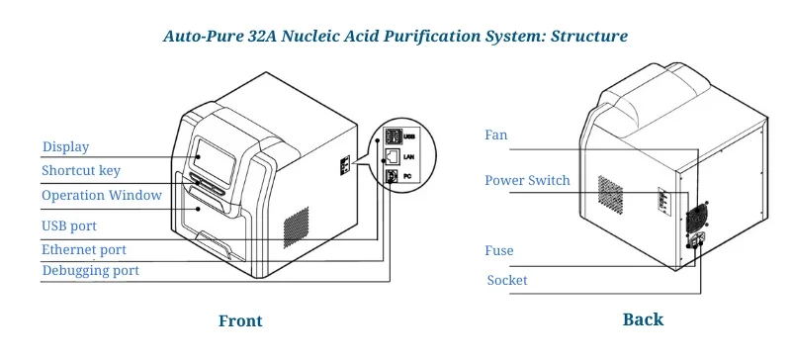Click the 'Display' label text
tap(65, 147)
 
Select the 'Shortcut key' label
tap(81, 171)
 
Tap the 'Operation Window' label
tap(102, 196)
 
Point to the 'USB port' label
tap(69, 226)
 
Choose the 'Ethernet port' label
tap(84, 249)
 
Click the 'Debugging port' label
tap(90, 270)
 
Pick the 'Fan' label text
tap(497, 135)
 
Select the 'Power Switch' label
tap(527, 180)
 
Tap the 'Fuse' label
tap(499, 251)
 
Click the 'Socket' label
tap(507, 281)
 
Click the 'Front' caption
tap(240, 320)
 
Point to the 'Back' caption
tap(643, 319)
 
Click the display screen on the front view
tap(214, 159)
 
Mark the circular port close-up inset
tap(393, 155)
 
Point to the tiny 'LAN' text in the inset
tap(409, 156)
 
